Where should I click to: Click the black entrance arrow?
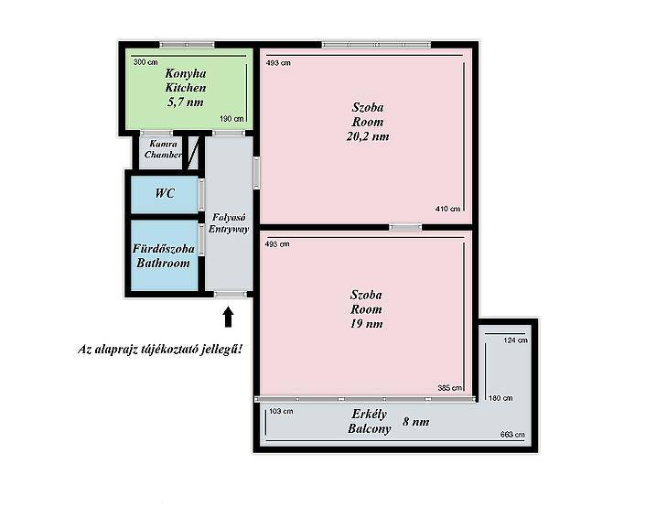(x=229, y=318)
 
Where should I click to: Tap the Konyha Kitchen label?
(x=186, y=81)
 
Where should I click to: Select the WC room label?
(x=165, y=193)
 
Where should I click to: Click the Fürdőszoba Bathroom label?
(x=164, y=256)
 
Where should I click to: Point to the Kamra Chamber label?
(x=164, y=149)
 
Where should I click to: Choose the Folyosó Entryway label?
(x=229, y=223)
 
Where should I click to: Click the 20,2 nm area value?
(x=368, y=136)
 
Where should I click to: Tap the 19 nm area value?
(x=366, y=324)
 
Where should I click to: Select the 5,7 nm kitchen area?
(x=186, y=103)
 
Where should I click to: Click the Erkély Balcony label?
(x=370, y=421)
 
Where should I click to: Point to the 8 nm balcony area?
(x=415, y=422)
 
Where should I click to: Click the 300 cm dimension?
(x=145, y=62)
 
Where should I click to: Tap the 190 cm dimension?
(x=231, y=119)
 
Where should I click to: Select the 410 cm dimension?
(x=447, y=209)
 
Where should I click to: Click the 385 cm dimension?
(x=449, y=388)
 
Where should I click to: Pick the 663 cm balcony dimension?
(x=512, y=435)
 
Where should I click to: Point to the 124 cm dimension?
(x=515, y=340)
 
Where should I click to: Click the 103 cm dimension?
(x=281, y=411)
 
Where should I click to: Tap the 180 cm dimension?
(x=500, y=398)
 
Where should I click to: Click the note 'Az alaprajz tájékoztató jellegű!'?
(x=160, y=350)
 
